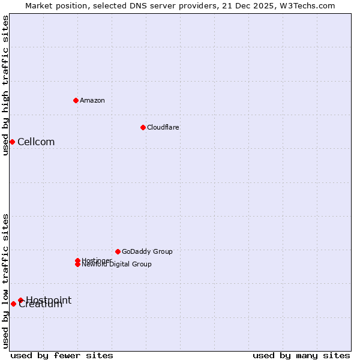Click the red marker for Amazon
pos(76,100)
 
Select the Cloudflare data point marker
pos(143,127)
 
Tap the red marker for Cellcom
pos(12,142)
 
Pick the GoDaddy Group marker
pos(118,251)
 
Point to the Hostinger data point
pos(77,260)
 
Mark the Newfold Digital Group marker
pos(77,265)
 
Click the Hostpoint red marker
pos(20,300)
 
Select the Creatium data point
pos(13,304)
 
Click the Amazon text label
pos(92,100)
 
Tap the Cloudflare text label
pos(163,127)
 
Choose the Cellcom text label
pos(36,142)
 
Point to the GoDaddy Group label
pos(147,251)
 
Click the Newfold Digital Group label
pos(117,265)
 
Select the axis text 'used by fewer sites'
pos(62,355)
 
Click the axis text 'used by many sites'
pos(301,355)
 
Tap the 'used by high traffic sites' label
pos(5,85)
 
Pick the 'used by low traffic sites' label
pos(5,281)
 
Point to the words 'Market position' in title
pos(55,5)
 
